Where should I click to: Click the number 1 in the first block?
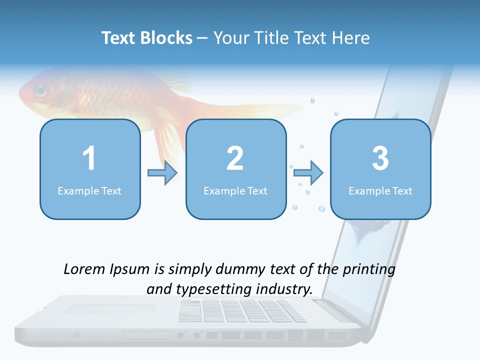pyautogui.click(x=89, y=158)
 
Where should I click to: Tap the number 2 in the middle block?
pyautogui.click(x=235, y=158)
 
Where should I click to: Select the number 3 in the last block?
pyautogui.click(x=380, y=158)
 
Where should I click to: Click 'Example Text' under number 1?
pyautogui.click(x=89, y=190)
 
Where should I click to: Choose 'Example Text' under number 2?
pyautogui.click(x=235, y=190)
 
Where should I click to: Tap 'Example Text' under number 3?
pyautogui.click(x=380, y=190)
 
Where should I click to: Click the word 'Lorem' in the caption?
pyautogui.click(x=84, y=269)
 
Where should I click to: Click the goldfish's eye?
pyautogui.click(x=40, y=91)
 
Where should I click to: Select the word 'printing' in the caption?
pyautogui.click(x=369, y=269)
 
